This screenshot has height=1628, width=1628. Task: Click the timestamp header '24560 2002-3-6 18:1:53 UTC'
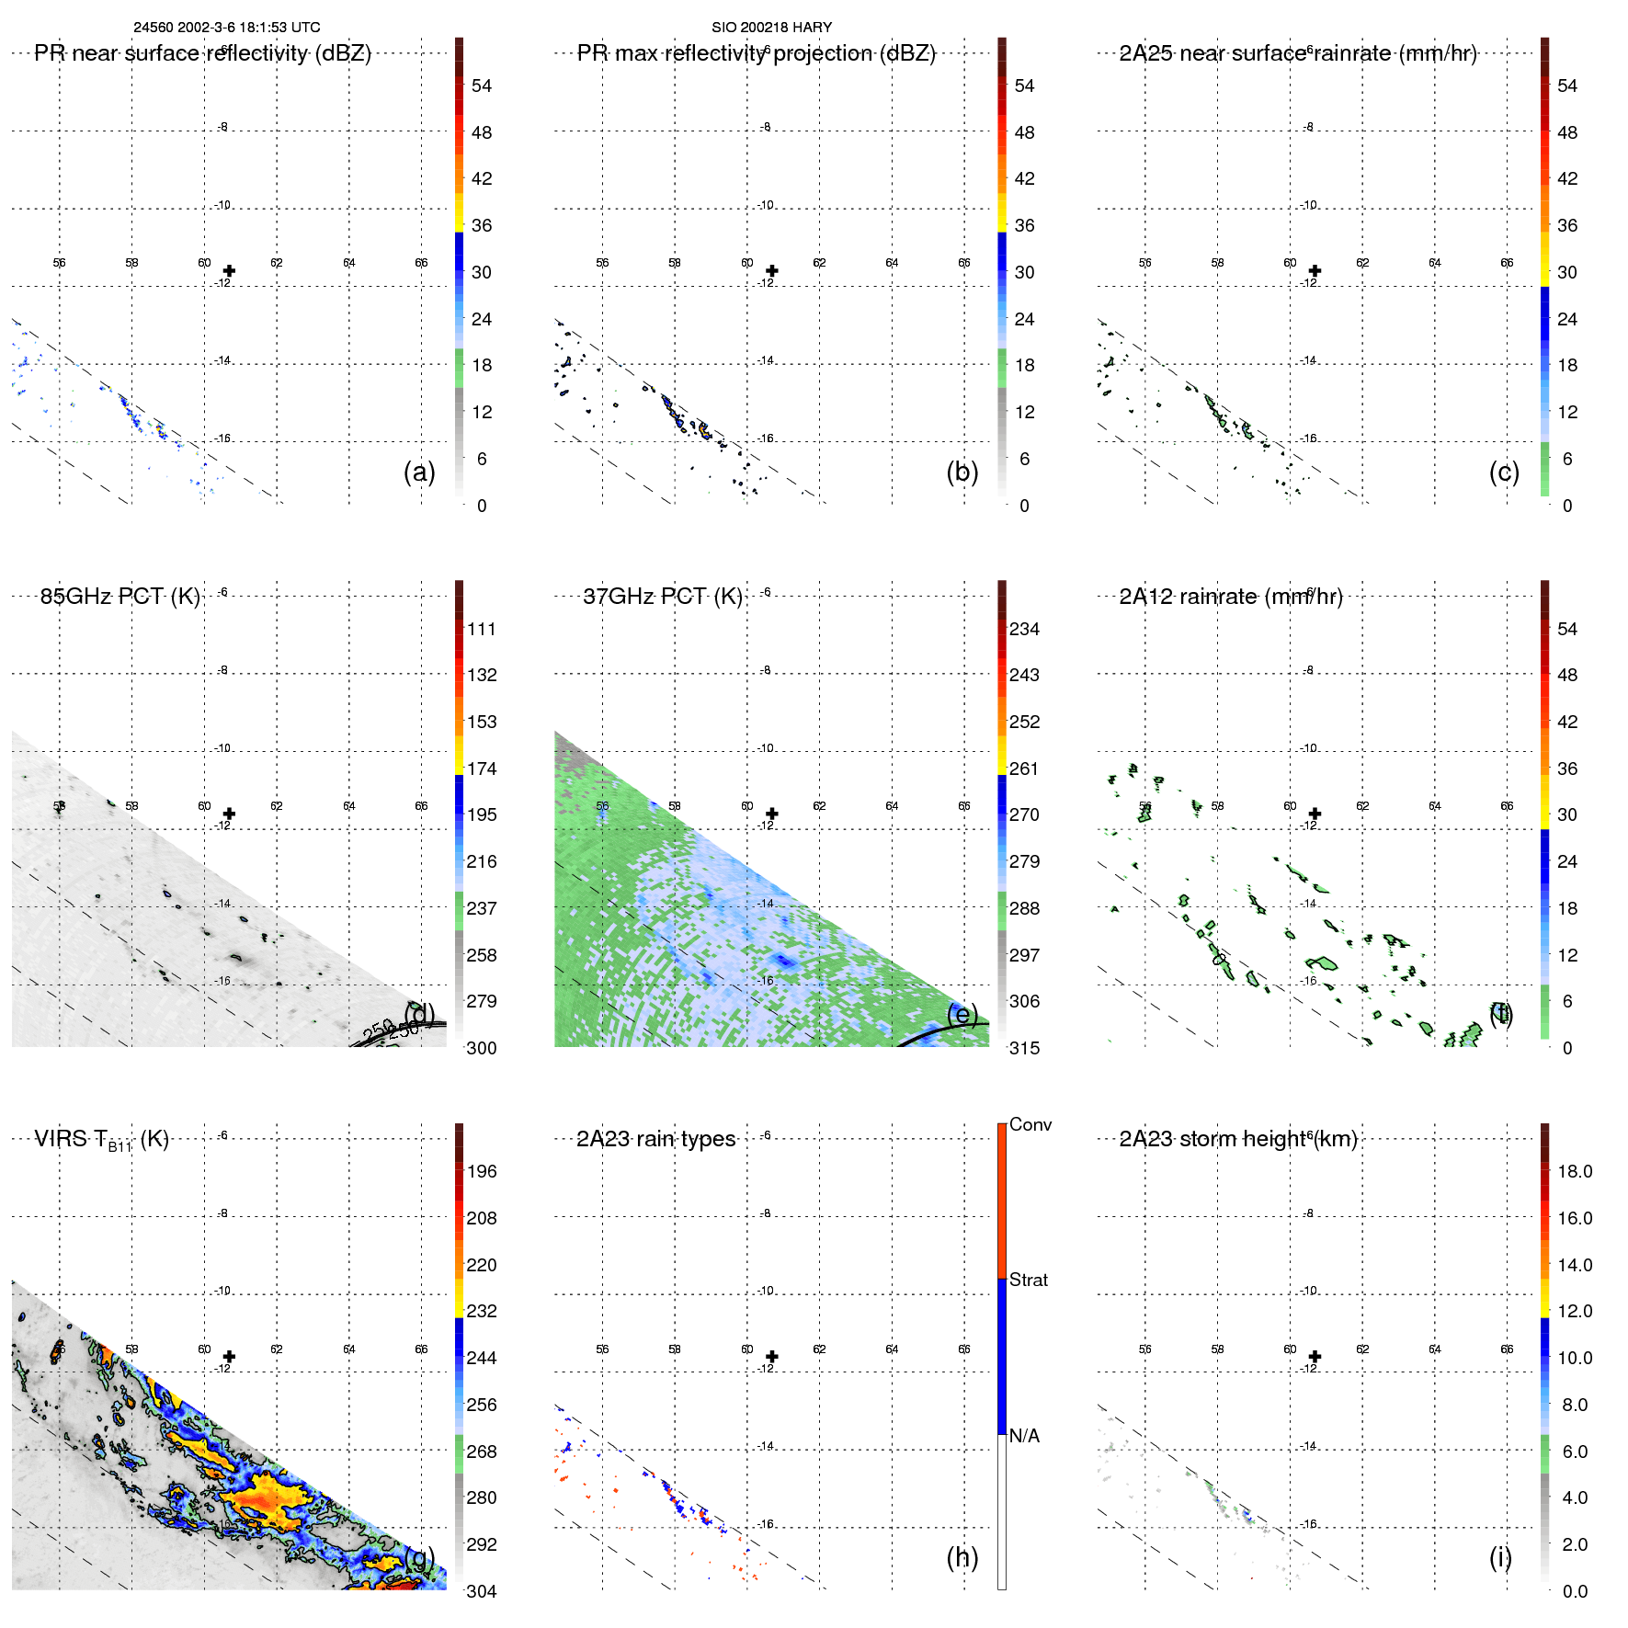pyautogui.click(x=227, y=28)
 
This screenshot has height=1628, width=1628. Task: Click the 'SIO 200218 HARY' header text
pyautogui.click(x=771, y=28)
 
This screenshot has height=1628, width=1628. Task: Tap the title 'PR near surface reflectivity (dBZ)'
pyautogui.click(x=202, y=53)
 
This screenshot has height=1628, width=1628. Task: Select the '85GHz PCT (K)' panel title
pyautogui.click(x=120, y=597)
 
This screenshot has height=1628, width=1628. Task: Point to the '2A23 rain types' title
pyautogui.click(x=655, y=1139)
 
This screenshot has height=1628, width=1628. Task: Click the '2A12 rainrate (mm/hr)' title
pyautogui.click(x=1231, y=597)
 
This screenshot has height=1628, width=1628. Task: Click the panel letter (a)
pyautogui.click(x=419, y=472)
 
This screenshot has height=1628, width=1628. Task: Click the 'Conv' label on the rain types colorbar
pyautogui.click(x=1030, y=1124)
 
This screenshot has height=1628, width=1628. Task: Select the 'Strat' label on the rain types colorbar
pyautogui.click(x=1029, y=1280)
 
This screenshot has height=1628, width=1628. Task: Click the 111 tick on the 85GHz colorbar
pyautogui.click(x=482, y=629)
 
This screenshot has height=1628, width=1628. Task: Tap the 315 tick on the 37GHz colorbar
pyautogui.click(x=1024, y=1048)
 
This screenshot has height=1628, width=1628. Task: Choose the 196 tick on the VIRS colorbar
pyautogui.click(x=482, y=1171)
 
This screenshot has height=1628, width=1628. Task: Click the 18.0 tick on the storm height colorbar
pyautogui.click(x=1575, y=1171)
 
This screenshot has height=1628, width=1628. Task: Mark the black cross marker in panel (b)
pyautogui.click(x=772, y=270)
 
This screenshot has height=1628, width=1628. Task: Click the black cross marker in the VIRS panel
pyautogui.click(x=229, y=1356)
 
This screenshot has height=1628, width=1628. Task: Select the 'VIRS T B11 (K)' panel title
pyautogui.click(x=101, y=1140)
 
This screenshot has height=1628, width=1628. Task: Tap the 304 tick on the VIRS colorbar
pyautogui.click(x=482, y=1591)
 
